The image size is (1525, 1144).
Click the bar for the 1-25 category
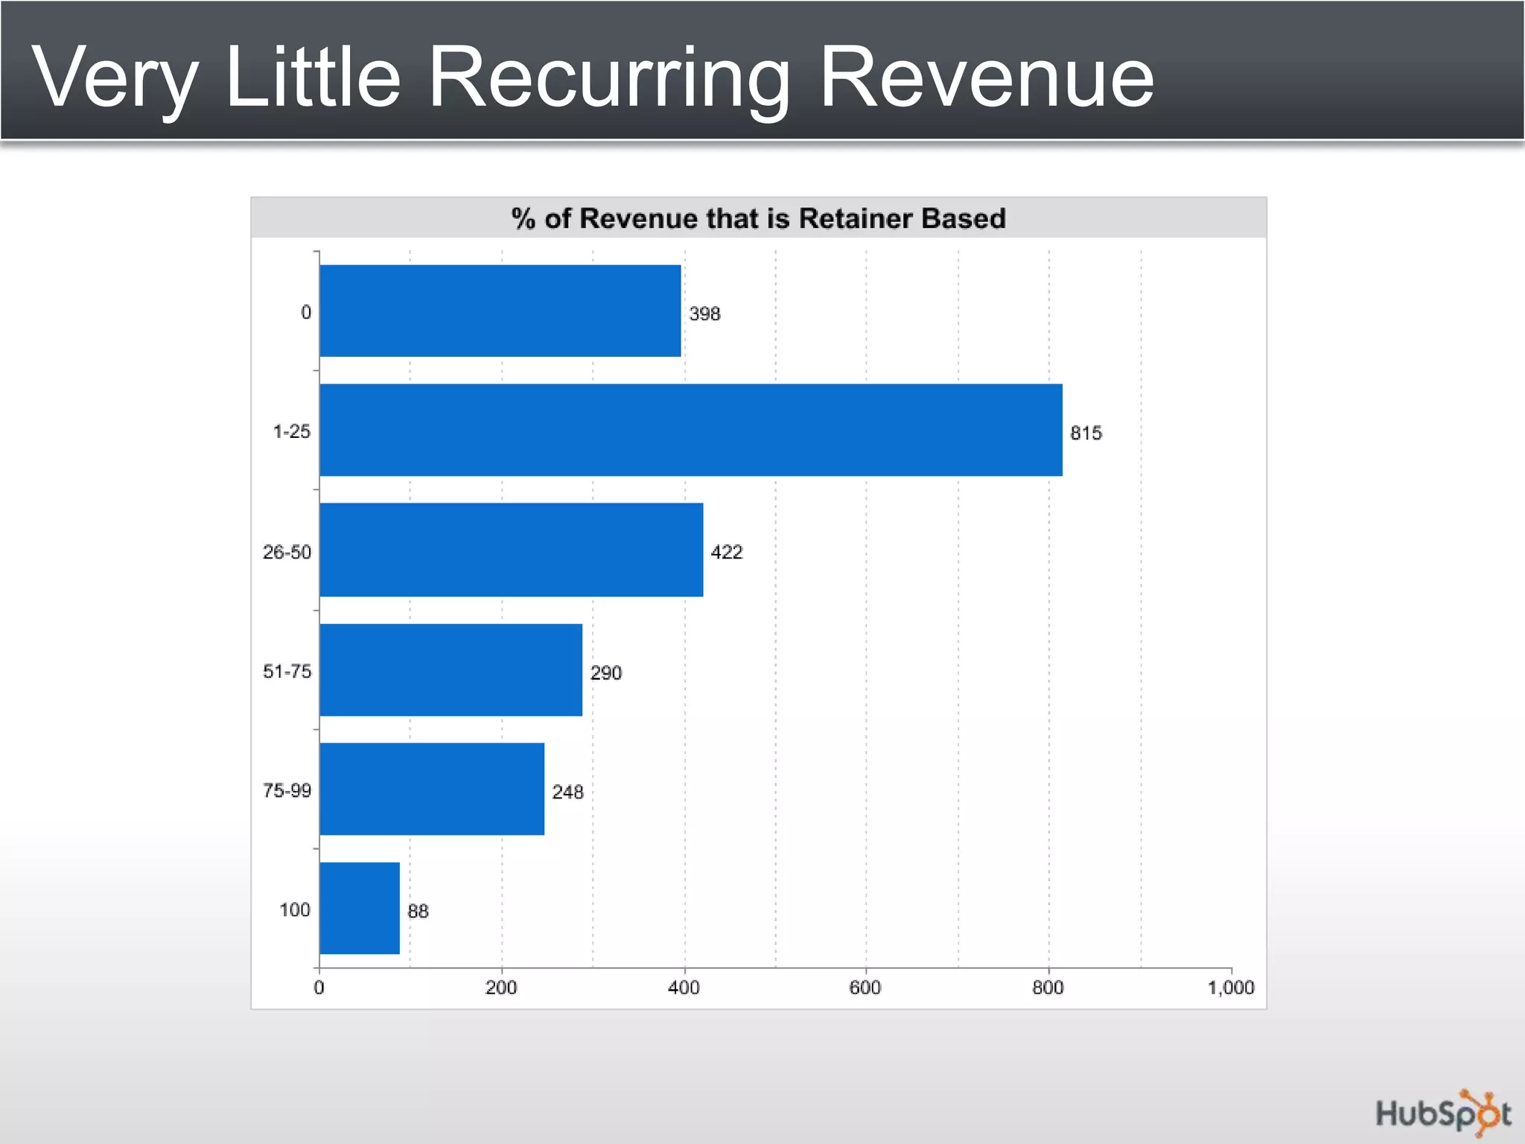tap(690, 430)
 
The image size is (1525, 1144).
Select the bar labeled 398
tap(500, 311)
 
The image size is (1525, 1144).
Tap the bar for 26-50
tap(511, 550)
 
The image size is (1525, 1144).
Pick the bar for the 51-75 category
tap(451, 670)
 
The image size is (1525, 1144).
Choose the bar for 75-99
tap(432, 789)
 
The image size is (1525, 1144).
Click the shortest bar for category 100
tap(360, 908)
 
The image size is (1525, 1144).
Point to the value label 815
tap(1086, 433)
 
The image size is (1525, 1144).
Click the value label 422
tap(726, 552)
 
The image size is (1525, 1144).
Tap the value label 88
tap(418, 911)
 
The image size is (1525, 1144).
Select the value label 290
tap(605, 673)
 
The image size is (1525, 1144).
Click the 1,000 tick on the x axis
tap(1230, 988)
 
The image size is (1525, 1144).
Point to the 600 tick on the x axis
tap(865, 988)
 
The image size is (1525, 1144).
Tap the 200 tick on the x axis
tap(501, 988)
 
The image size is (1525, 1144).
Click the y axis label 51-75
tap(287, 671)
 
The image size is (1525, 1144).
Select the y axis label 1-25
tap(291, 431)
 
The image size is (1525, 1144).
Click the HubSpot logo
tap(1442, 1113)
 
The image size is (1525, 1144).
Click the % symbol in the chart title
tap(523, 218)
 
